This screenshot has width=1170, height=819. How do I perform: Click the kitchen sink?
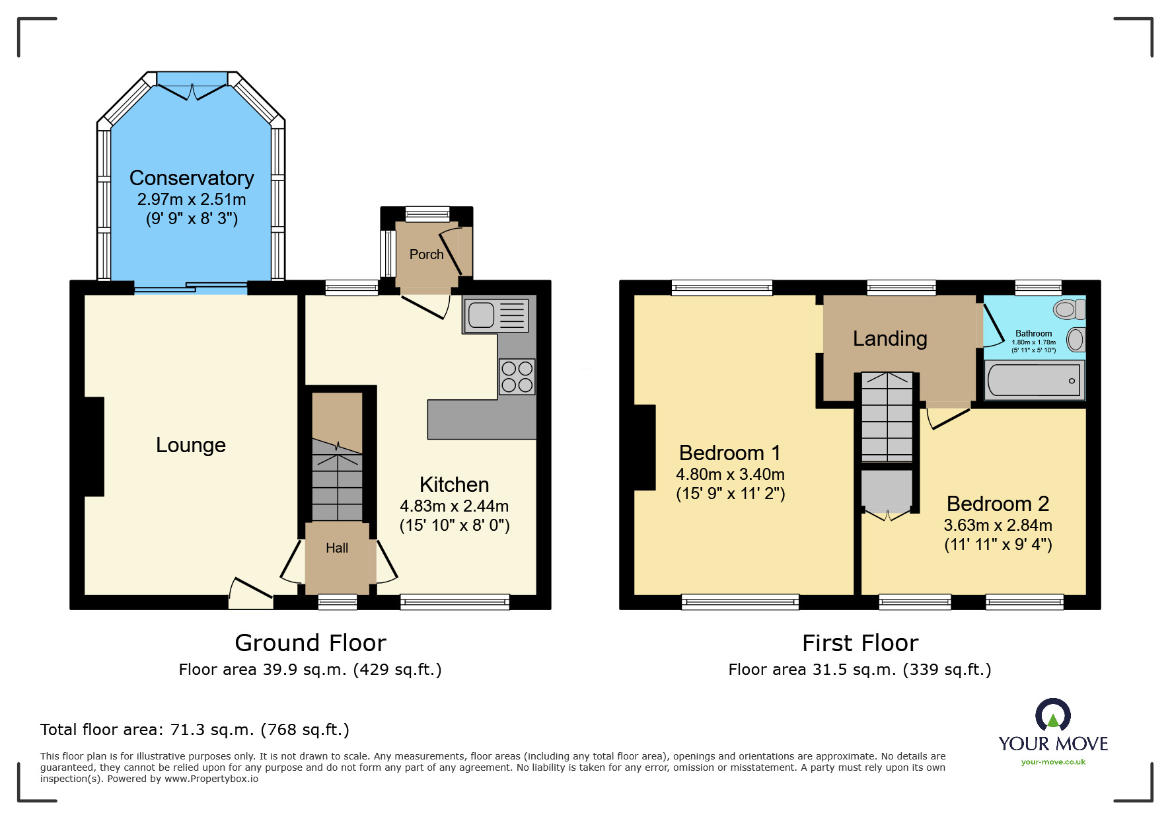pyautogui.click(x=497, y=315)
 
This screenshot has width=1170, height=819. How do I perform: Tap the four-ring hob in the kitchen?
pyautogui.click(x=517, y=377)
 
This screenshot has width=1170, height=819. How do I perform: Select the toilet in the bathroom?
pyautogui.click(x=1070, y=309)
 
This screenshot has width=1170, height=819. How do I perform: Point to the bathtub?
pyautogui.click(x=1034, y=380)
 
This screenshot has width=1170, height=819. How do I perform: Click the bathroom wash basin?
pyautogui.click(x=1076, y=340)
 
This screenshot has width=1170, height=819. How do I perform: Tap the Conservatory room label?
pyautogui.click(x=192, y=178)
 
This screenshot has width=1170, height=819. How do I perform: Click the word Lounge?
pyautogui.click(x=191, y=445)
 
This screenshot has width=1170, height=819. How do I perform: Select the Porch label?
pyautogui.click(x=427, y=254)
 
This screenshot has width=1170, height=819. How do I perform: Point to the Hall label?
pyautogui.click(x=337, y=548)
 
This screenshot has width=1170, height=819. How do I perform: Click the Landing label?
pyautogui.click(x=890, y=338)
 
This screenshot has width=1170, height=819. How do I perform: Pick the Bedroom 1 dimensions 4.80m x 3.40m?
pyautogui.click(x=730, y=474)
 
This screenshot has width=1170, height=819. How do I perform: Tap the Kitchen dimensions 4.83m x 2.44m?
pyautogui.click(x=455, y=506)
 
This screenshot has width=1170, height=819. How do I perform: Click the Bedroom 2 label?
pyautogui.click(x=998, y=504)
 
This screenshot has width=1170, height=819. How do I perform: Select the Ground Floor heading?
pyautogui.click(x=311, y=643)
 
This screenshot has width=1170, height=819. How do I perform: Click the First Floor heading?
pyautogui.click(x=860, y=643)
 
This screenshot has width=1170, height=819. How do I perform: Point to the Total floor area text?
pyautogui.click(x=195, y=730)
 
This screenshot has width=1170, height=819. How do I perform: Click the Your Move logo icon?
pyautogui.click(x=1053, y=715)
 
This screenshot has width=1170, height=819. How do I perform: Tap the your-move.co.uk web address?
pyautogui.click(x=1053, y=762)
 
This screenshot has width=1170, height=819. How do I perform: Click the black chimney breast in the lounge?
pyautogui.click(x=94, y=446)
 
